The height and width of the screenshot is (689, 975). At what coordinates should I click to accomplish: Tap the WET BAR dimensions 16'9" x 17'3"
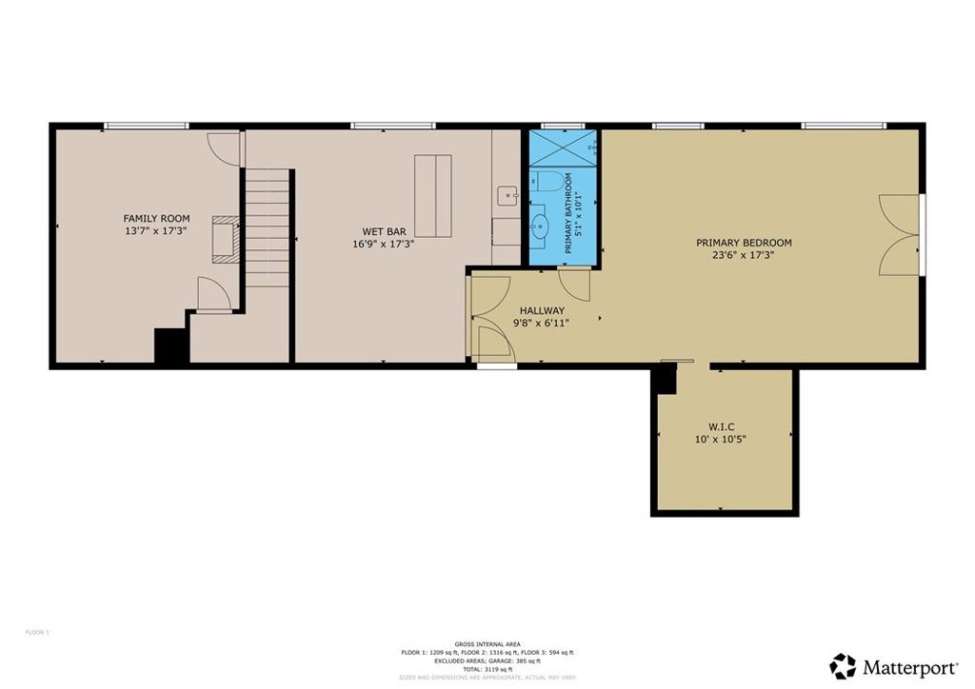384,244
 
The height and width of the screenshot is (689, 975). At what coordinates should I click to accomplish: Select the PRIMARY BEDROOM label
744,243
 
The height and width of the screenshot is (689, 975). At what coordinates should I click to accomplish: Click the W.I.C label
720,426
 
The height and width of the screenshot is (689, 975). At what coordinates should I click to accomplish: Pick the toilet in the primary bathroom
544,182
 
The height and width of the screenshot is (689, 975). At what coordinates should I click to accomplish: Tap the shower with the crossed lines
562,148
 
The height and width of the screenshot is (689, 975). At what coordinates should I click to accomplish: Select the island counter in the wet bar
433,196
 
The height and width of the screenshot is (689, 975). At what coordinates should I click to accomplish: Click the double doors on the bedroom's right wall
900,236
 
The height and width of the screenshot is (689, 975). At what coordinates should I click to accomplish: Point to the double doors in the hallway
491,318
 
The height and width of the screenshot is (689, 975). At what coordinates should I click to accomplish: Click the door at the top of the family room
221,147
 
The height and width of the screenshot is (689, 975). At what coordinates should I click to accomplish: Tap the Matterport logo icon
843,665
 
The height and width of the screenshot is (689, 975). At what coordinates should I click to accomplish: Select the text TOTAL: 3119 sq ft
487,670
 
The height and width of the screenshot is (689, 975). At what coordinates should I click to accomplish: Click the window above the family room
146,126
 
